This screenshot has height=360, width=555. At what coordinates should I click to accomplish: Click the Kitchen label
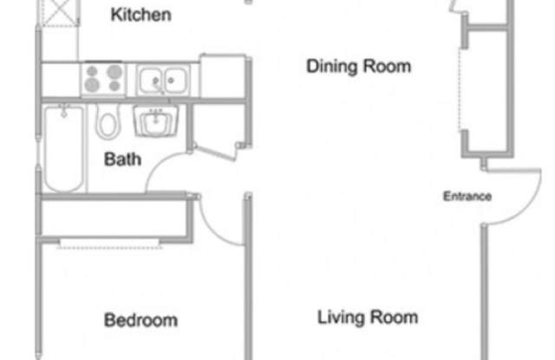click(x=140, y=15)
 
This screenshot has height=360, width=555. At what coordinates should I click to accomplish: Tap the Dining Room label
click(x=358, y=66)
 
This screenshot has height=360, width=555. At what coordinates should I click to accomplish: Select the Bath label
click(x=122, y=160)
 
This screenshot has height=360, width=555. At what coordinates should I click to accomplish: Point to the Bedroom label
click(x=140, y=320)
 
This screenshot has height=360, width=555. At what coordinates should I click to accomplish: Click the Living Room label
click(x=368, y=317)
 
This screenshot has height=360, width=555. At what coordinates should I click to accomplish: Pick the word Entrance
click(x=467, y=196)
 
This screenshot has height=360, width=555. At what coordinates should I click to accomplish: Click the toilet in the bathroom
click(x=108, y=122)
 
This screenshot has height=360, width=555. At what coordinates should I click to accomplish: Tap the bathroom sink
click(x=155, y=121)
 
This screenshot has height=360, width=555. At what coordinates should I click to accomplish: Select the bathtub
click(x=64, y=148)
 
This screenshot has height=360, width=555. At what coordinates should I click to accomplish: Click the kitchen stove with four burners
click(x=103, y=79)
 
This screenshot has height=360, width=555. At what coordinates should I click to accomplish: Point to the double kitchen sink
click(x=163, y=81)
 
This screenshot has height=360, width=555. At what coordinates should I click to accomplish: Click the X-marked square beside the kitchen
click(x=60, y=12)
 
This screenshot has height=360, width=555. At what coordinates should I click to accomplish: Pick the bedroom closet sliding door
click(x=109, y=244)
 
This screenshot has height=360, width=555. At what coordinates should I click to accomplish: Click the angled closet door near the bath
click(x=215, y=153)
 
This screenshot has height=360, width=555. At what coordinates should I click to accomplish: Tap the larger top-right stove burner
click(x=114, y=71)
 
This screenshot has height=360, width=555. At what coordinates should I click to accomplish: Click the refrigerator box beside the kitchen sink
click(x=223, y=75)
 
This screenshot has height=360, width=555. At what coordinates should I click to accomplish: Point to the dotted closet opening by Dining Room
click(x=460, y=89)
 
